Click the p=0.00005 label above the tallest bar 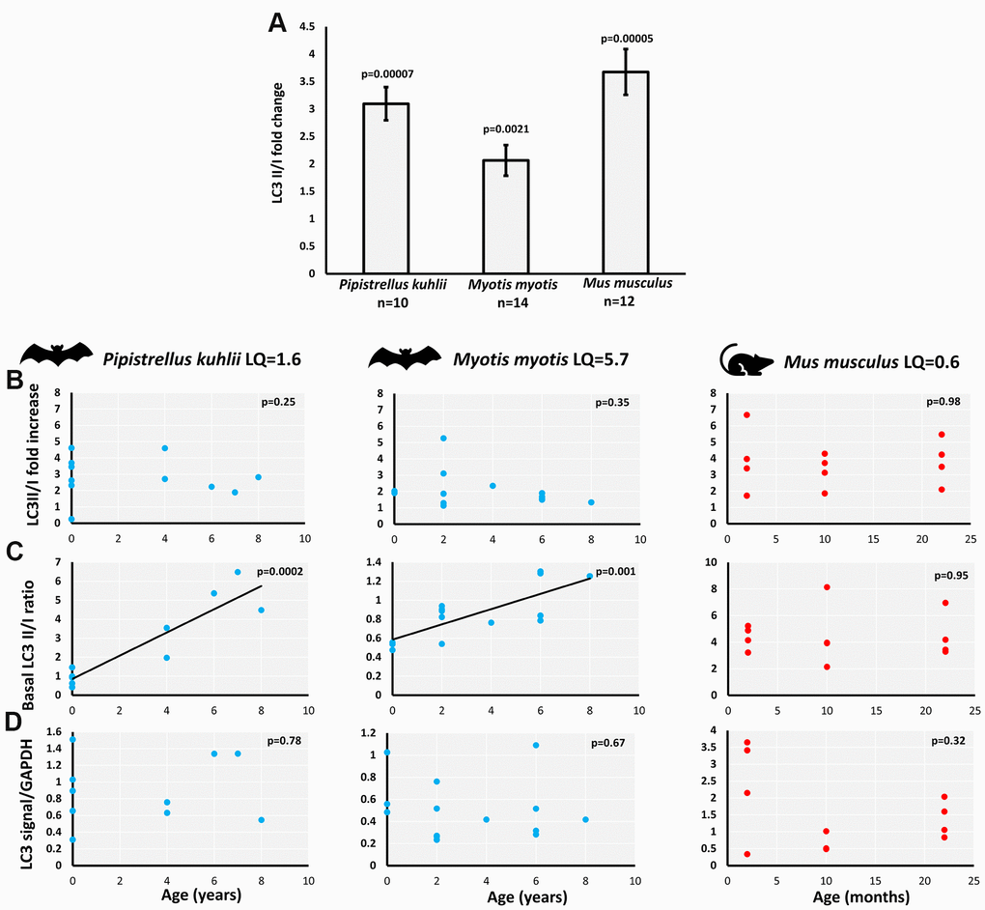point(628,39)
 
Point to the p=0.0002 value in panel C point(279,572)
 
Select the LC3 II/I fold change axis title point(276,151)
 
